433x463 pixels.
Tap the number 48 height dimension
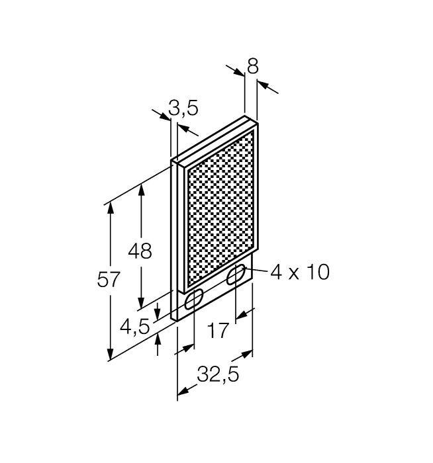[140, 251]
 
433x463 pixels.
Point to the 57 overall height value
[109, 280]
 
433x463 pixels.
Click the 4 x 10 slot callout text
[300, 272]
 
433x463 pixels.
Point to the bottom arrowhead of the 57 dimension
[110, 355]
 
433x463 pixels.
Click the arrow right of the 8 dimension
[264, 85]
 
